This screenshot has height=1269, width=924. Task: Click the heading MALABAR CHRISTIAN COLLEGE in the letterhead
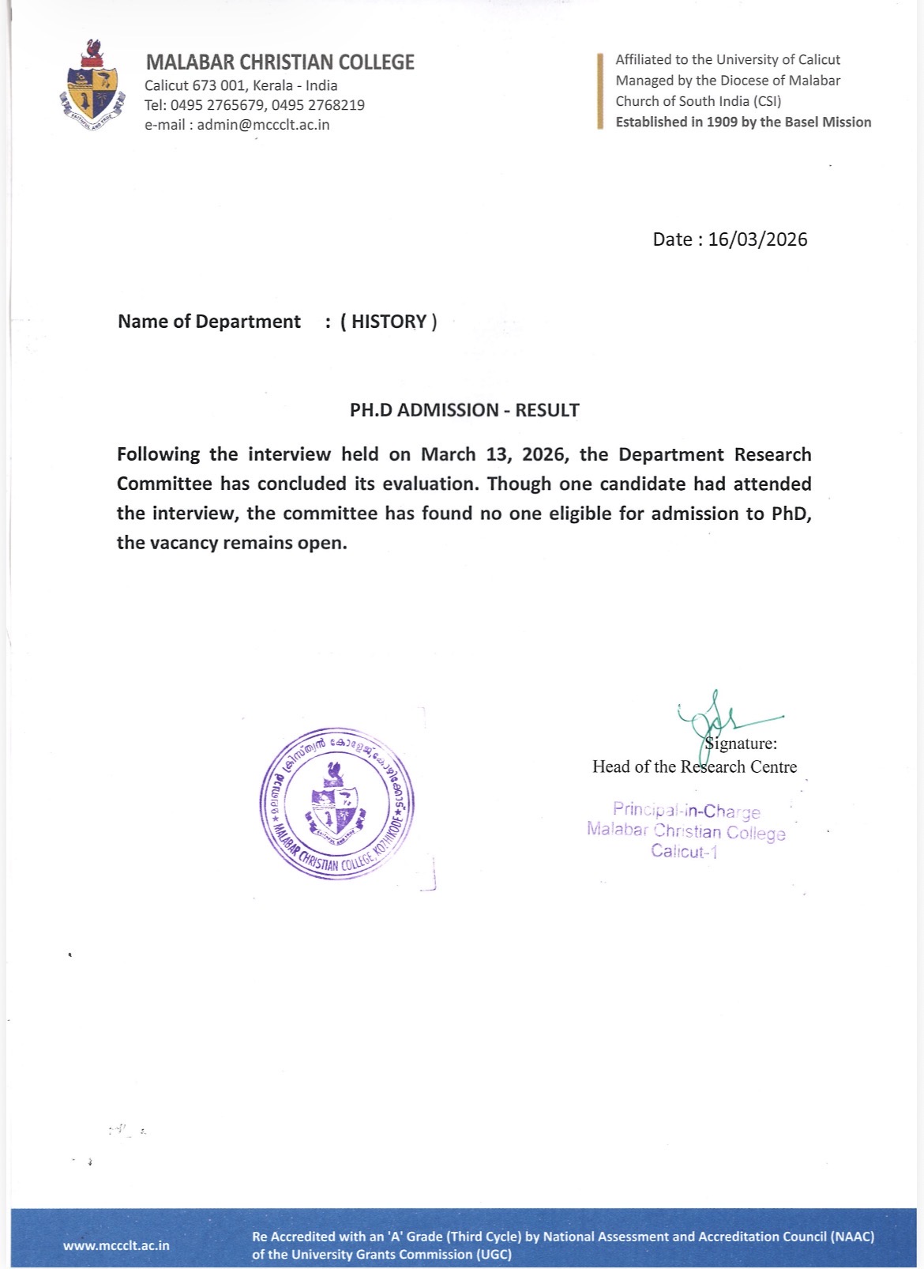pos(280,62)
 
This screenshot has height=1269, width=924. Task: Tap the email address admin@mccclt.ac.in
pos(263,125)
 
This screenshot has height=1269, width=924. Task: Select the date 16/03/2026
pos(757,239)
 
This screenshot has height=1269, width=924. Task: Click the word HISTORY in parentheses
pos(389,322)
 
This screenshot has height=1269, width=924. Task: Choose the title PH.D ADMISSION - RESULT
pos(464,410)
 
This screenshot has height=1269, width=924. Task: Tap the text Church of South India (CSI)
pos(698,101)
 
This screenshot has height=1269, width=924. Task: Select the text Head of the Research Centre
pos(694,766)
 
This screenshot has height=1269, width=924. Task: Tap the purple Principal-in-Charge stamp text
pos(685,811)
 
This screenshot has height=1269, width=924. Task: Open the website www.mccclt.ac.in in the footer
pos(116,1245)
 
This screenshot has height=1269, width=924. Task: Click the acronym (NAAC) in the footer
pos(852,1237)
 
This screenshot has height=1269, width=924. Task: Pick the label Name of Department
pos(209,322)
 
